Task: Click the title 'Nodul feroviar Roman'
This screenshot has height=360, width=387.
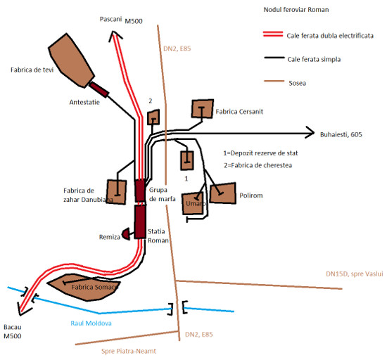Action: click(296, 10)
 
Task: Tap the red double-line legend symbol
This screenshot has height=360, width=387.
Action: click(273, 34)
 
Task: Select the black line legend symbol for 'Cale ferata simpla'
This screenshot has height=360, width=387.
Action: click(274, 58)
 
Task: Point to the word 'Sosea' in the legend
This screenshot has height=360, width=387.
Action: click(297, 83)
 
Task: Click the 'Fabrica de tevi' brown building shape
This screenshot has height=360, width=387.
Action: click(71, 60)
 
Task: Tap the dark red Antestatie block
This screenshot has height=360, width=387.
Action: click(99, 89)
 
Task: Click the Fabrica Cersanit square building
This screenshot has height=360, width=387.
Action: click(203, 109)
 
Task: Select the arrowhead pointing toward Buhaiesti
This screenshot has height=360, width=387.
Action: click(310, 133)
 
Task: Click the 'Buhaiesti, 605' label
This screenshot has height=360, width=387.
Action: click(341, 134)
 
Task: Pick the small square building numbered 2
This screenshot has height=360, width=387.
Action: click(153, 117)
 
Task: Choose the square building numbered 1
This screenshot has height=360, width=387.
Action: click(187, 160)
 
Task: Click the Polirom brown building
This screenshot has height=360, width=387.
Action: click(223, 193)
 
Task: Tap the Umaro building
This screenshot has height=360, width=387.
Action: click(193, 204)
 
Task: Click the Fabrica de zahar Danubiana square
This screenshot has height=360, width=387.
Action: click(116, 192)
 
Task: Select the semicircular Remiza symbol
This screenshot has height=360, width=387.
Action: click(126, 233)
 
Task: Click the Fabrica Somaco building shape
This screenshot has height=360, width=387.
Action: click(84, 288)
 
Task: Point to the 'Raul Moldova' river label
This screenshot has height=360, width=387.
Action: click(91, 323)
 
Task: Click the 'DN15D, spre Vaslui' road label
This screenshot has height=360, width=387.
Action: click(355, 274)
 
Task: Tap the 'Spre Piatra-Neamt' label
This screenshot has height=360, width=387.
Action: click(129, 351)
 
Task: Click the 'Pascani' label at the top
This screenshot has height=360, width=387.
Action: click(110, 19)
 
